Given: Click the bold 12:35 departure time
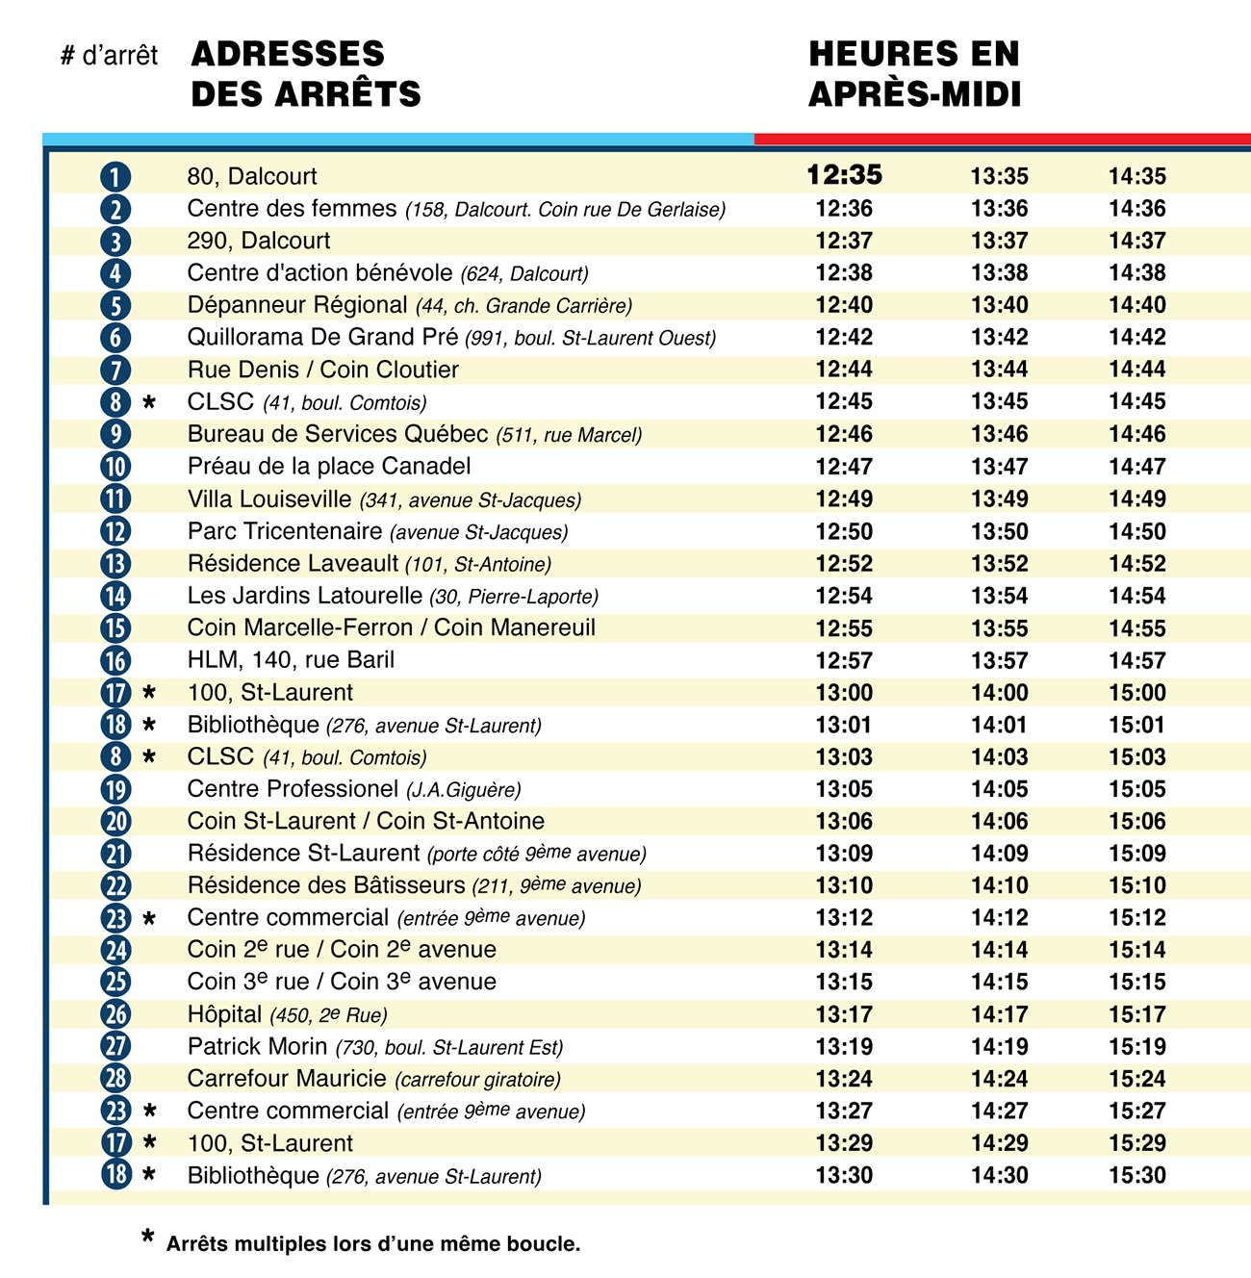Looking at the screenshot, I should (x=844, y=175).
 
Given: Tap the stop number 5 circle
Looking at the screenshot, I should (x=115, y=306).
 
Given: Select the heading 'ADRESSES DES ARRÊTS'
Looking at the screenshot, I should (x=306, y=73).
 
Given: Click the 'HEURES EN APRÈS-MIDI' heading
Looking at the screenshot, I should (x=914, y=73).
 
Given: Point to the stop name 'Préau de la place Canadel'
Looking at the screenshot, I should (x=329, y=467).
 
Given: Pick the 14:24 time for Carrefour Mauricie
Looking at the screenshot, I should (x=999, y=1079).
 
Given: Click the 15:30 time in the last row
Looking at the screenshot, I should (x=1136, y=1175).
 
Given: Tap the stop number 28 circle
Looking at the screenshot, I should (x=115, y=1079).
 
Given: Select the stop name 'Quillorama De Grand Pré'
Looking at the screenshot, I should (x=322, y=338).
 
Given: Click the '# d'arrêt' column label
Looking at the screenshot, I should (x=109, y=56).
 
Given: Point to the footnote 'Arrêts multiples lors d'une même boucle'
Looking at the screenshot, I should (x=372, y=1243).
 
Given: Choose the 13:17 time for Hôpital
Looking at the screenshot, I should (x=844, y=1014).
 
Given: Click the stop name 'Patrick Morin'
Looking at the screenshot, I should (x=257, y=1046).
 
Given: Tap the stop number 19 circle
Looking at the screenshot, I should (x=115, y=789).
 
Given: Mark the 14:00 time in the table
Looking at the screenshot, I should (x=999, y=693).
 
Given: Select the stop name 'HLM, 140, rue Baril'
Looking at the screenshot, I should (x=291, y=660).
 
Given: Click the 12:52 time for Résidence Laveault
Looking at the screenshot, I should (x=844, y=564).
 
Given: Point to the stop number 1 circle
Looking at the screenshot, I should (x=115, y=177).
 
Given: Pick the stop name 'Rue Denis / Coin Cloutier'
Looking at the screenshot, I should (x=322, y=370).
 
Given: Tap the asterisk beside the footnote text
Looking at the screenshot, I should (x=147, y=1238).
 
